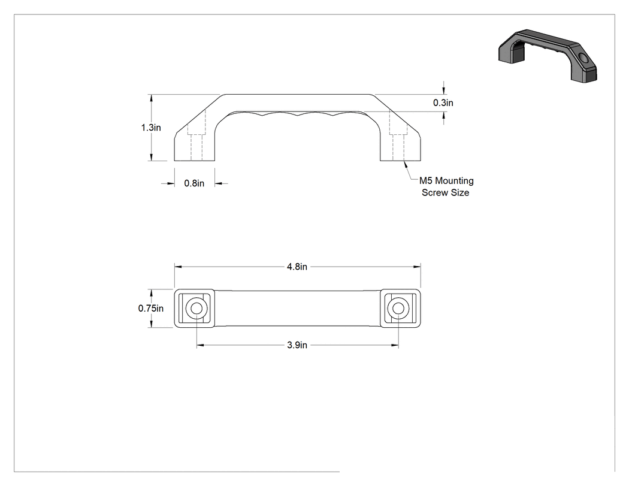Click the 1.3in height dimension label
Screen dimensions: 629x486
(x=151, y=128)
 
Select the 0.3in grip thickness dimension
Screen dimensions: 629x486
(x=443, y=102)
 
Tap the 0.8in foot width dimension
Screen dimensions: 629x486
(x=194, y=183)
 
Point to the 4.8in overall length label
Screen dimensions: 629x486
(x=297, y=267)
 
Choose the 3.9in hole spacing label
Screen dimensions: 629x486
(x=297, y=345)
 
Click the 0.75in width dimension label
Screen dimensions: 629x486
(x=151, y=308)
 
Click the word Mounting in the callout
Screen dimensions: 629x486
(x=454, y=181)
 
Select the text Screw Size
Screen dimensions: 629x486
(x=445, y=192)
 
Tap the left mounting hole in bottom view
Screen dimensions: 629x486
(x=196, y=309)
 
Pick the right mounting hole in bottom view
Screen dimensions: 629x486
(x=398, y=309)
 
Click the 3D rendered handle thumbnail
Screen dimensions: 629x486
(x=548, y=56)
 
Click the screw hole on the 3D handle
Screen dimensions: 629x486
(x=583, y=60)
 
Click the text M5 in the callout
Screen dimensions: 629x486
(x=425, y=181)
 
